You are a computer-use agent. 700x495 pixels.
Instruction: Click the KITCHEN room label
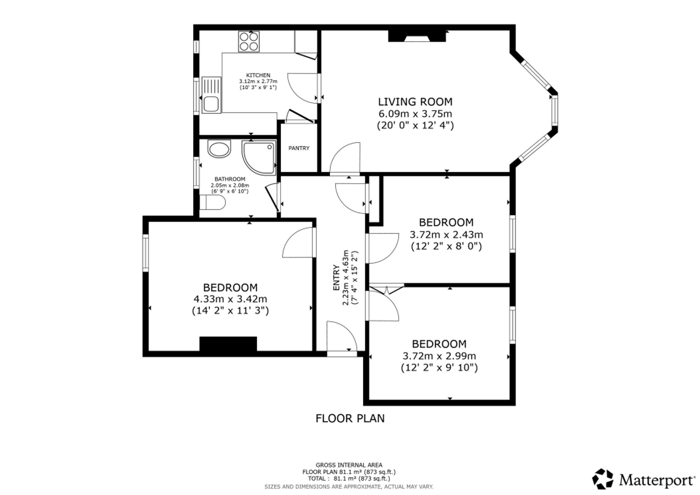click(x=258, y=75)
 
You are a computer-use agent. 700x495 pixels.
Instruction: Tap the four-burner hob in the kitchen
click(x=249, y=42)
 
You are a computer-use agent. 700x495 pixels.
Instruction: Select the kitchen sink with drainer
click(x=211, y=95)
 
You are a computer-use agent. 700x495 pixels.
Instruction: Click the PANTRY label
click(x=299, y=148)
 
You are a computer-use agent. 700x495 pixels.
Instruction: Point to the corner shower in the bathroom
click(x=259, y=158)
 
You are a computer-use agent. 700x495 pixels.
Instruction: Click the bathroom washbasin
click(x=219, y=149)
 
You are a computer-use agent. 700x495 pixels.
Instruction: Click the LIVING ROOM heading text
click(x=415, y=102)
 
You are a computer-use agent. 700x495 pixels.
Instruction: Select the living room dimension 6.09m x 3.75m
click(x=415, y=114)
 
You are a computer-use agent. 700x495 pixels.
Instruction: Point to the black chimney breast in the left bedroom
click(x=228, y=344)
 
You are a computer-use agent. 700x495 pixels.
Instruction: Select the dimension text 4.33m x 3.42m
click(x=230, y=299)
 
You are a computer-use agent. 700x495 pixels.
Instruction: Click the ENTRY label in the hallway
click(x=336, y=278)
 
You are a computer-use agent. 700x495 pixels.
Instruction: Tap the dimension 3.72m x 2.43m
click(x=446, y=234)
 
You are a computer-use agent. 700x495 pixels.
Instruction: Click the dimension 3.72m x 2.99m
click(x=439, y=356)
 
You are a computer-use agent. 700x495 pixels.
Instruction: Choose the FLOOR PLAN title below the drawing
click(x=350, y=418)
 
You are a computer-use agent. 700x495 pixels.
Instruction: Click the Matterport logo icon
click(x=603, y=479)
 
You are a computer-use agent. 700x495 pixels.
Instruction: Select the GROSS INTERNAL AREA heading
click(x=349, y=465)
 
